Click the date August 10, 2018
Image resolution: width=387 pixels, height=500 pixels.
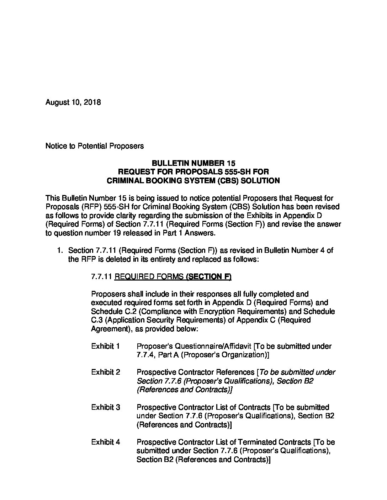pos(73,103)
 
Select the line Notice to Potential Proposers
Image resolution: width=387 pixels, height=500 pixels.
pos(95,146)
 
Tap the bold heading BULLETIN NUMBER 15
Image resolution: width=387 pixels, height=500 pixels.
pos(193,163)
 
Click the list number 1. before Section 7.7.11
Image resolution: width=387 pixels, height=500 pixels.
pos(60,250)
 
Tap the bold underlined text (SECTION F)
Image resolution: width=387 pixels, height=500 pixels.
pos(208,277)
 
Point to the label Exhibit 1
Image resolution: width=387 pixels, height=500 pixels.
pos(105,346)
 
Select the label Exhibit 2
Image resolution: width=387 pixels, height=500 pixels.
pos(105,372)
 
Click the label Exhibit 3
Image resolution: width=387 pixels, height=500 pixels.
pos(105,407)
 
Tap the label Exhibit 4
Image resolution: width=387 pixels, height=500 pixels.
pos(105,442)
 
